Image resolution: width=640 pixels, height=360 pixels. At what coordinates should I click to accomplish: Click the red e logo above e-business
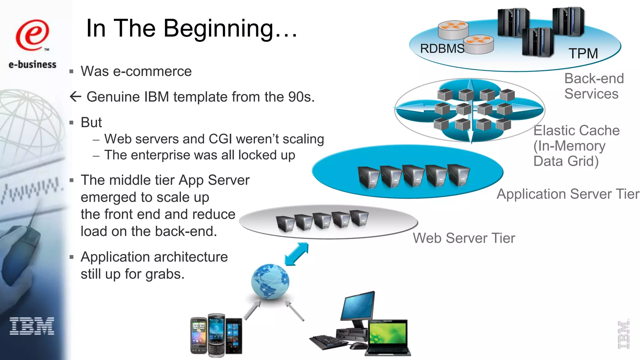click(x=32, y=35)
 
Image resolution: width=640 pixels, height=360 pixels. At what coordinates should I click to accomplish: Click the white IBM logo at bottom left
click(x=32, y=326)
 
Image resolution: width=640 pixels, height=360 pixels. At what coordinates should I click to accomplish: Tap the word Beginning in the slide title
click(x=219, y=29)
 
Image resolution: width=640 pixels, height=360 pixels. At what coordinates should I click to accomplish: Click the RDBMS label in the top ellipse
click(x=442, y=49)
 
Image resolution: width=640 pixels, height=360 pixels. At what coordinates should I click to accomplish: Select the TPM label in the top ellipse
click(x=583, y=53)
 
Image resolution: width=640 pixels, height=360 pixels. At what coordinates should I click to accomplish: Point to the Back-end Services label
click(x=593, y=86)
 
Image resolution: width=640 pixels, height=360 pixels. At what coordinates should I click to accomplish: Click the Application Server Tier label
click(x=568, y=194)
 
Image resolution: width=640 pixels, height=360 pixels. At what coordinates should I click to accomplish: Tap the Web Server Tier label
click(x=464, y=238)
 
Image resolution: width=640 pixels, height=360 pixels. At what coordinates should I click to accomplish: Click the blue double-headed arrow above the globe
click(x=297, y=254)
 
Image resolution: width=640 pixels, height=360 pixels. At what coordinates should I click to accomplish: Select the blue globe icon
click(x=270, y=281)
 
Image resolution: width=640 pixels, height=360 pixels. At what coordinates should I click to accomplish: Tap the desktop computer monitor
click(x=358, y=305)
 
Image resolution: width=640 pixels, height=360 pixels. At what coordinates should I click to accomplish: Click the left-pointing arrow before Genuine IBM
click(x=75, y=97)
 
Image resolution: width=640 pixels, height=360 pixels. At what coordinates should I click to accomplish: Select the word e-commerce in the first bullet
click(x=152, y=72)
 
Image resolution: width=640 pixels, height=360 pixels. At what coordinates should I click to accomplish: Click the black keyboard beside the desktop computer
click(x=328, y=342)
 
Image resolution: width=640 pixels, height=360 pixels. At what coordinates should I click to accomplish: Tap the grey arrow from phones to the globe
click(x=252, y=310)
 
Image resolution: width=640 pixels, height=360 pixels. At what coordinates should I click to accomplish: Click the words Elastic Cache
click(x=576, y=131)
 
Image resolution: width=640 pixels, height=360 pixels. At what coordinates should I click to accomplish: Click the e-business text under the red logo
click(x=32, y=65)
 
